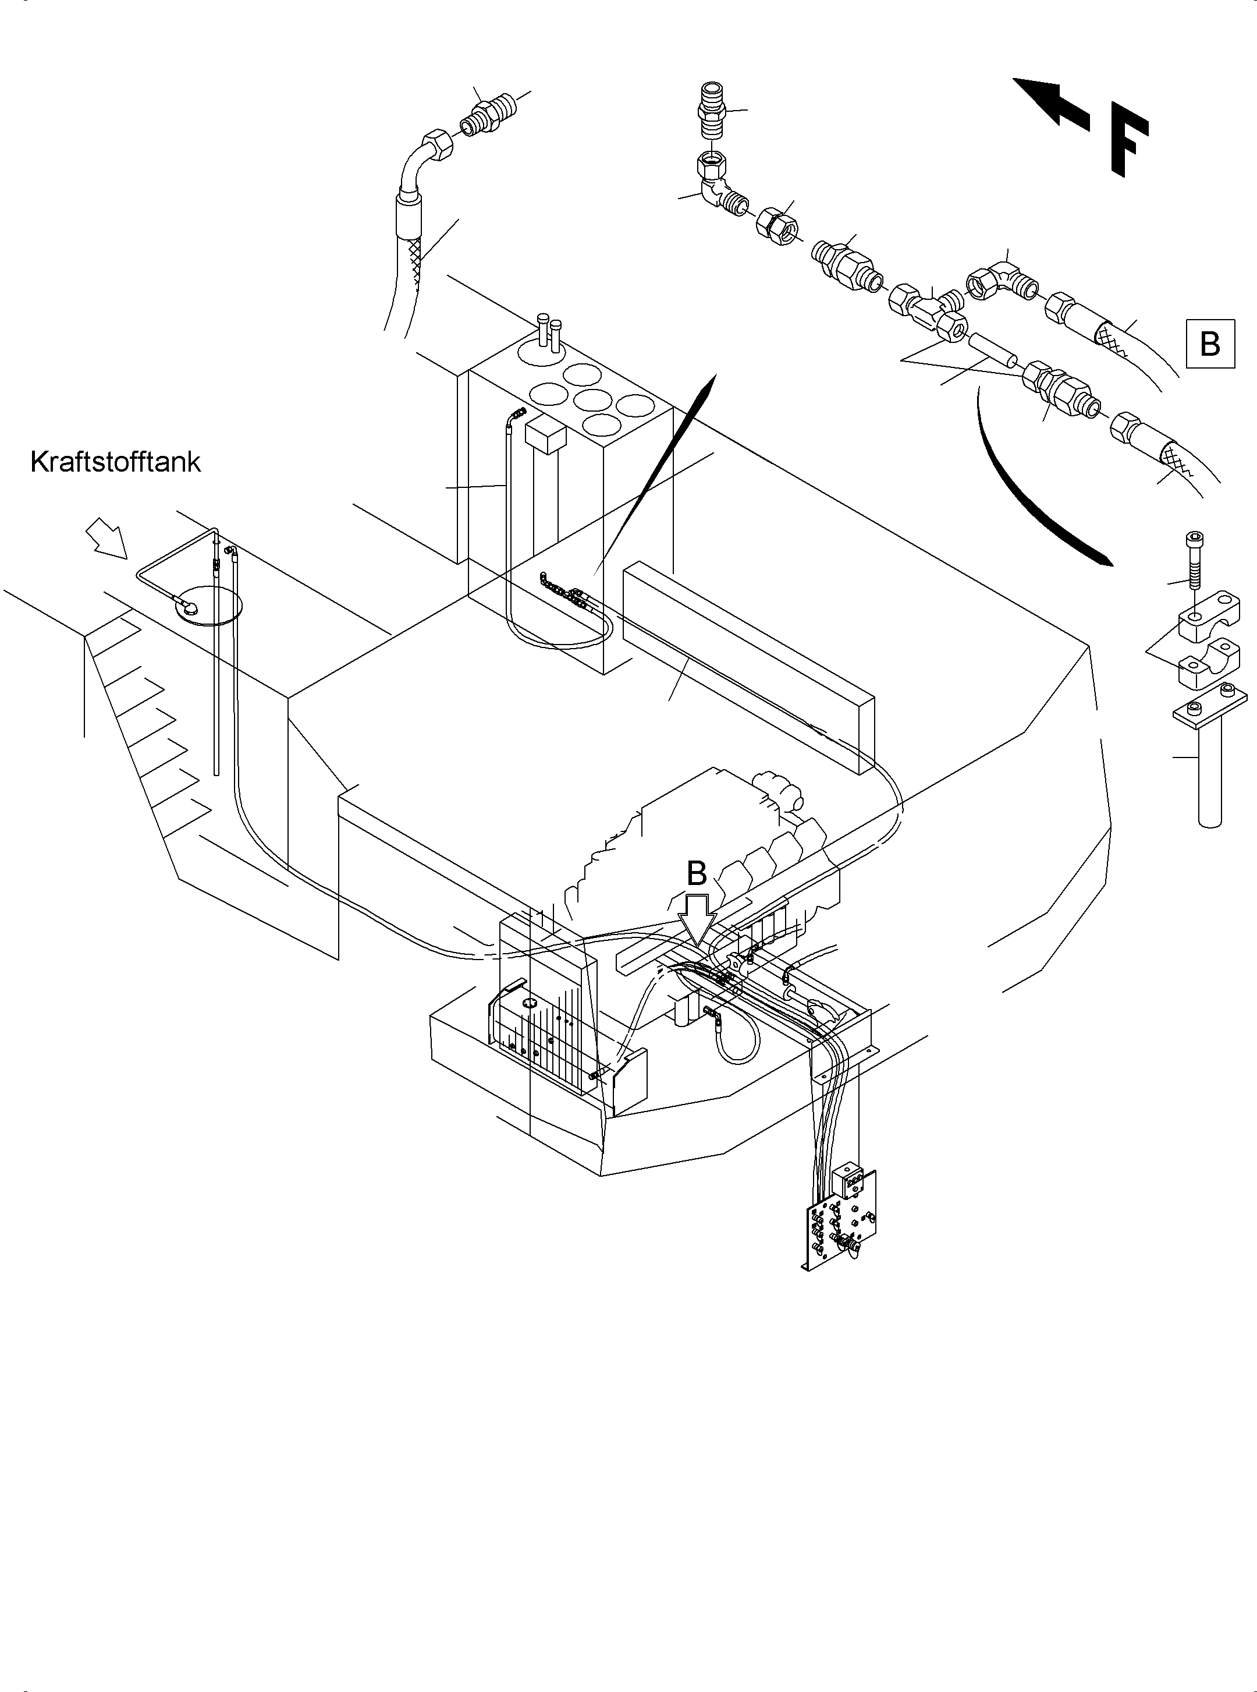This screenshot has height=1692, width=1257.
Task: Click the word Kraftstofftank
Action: click(x=116, y=462)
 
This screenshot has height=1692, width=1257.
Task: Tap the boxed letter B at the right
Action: click(x=1209, y=344)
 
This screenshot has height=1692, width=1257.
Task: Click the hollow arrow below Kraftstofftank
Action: click(x=107, y=538)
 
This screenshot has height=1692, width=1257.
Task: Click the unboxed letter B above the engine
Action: click(x=697, y=874)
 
